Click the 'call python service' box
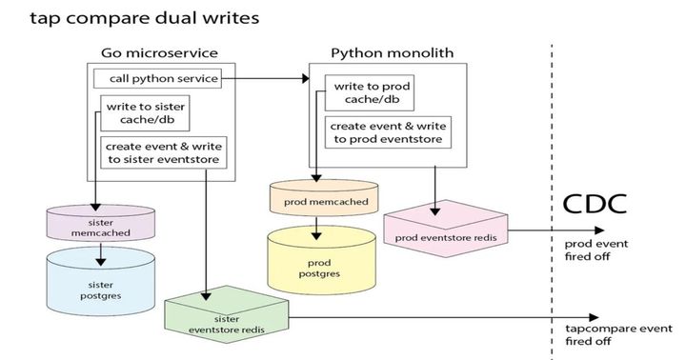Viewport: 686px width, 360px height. [x=157, y=78]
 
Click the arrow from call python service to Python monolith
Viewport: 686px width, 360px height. [x=267, y=78]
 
